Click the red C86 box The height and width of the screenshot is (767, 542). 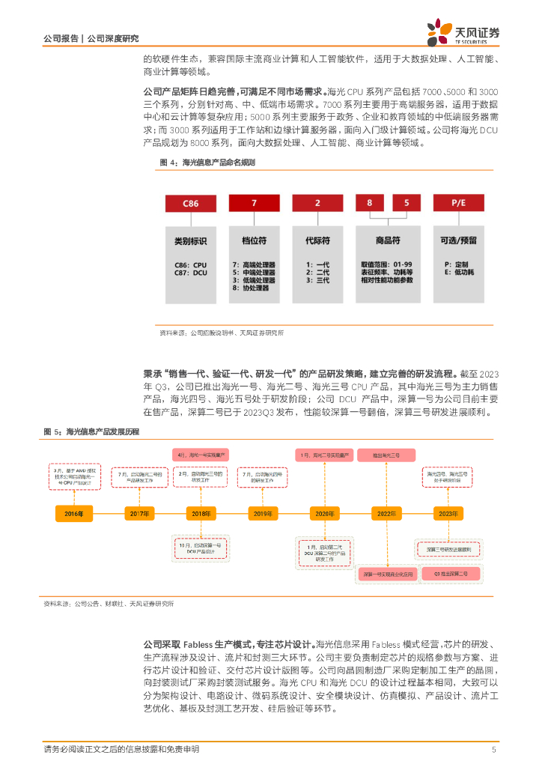click(x=191, y=202)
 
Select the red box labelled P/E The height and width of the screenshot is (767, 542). click(x=459, y=202)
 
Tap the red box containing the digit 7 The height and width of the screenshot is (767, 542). click(x=254, y=202)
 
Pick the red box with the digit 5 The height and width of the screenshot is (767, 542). click(x=406, y=202)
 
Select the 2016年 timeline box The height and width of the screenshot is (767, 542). click(x=74, y=513)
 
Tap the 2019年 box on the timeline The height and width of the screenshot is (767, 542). click(x=263, y=513)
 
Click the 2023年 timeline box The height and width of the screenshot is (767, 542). click(x=448, y=513)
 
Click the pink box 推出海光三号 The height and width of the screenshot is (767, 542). click(x=387, y=455)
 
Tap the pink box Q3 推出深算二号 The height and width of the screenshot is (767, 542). click(x=451, y=573)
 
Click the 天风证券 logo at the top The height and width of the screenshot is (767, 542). click(x=463, y=31)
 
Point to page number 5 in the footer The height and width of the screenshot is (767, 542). click(x=493, y=750)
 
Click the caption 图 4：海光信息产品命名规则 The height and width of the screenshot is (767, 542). click(x=207, y=163)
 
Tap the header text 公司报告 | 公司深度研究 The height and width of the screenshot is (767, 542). click(x=91, y=38)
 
